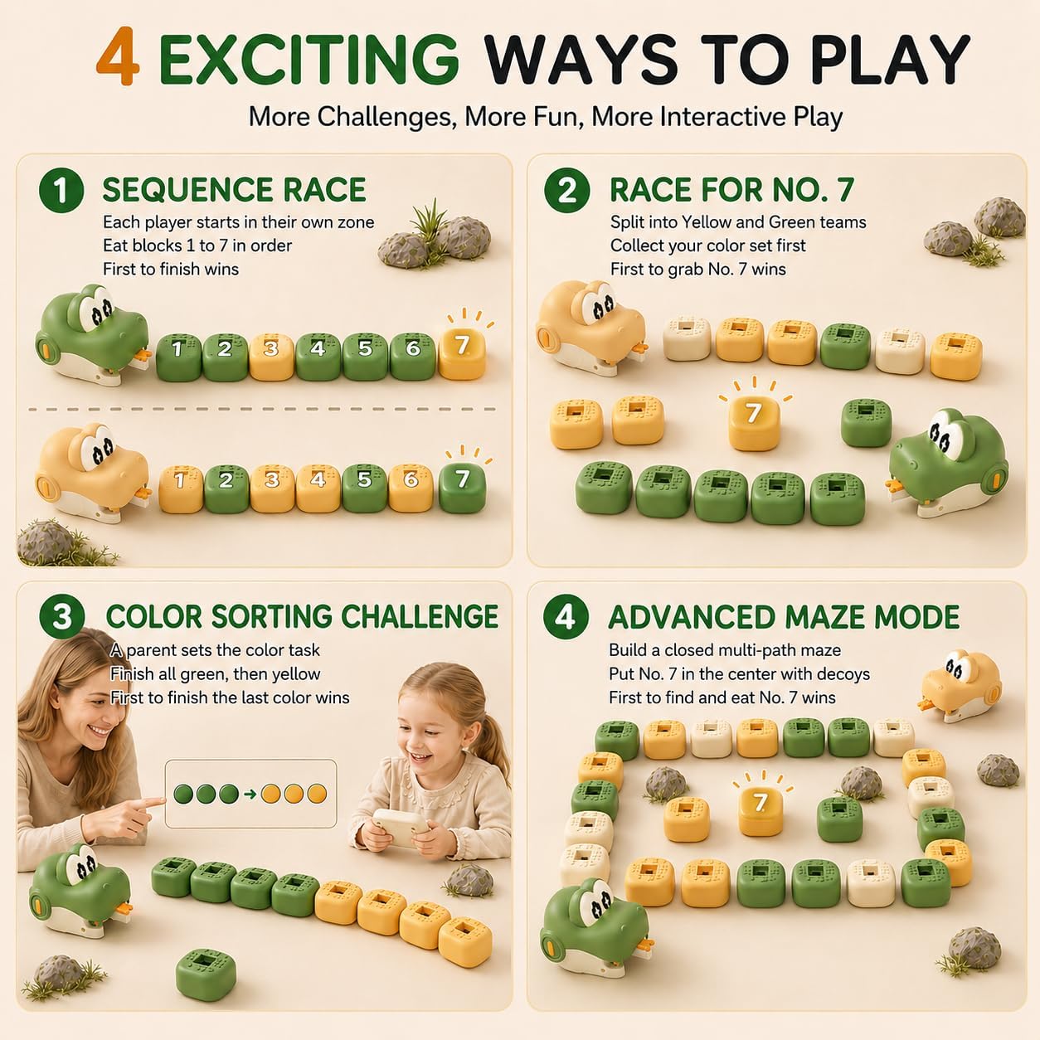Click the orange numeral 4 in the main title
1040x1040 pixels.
(118, 56)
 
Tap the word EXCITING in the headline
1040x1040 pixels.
(309, 58)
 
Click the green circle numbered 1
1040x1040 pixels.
(61, 190)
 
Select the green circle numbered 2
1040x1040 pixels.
(566, 190)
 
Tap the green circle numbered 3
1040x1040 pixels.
(62, 617)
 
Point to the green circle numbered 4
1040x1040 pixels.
(566, 616)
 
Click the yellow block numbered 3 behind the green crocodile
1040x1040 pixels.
(271, 357)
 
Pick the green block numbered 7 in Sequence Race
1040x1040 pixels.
(462, 488)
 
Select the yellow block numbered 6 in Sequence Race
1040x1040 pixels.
(411, 488)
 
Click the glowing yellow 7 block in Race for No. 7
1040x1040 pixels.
(753, 424)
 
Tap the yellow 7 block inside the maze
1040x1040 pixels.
(761, 812)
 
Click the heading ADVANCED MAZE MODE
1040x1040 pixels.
(784, 617)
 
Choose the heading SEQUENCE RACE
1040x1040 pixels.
(234, 189)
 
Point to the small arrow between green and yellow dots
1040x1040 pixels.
(250, 795)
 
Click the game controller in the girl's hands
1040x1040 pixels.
(400, 827)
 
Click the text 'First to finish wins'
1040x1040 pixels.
(171, 269)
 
